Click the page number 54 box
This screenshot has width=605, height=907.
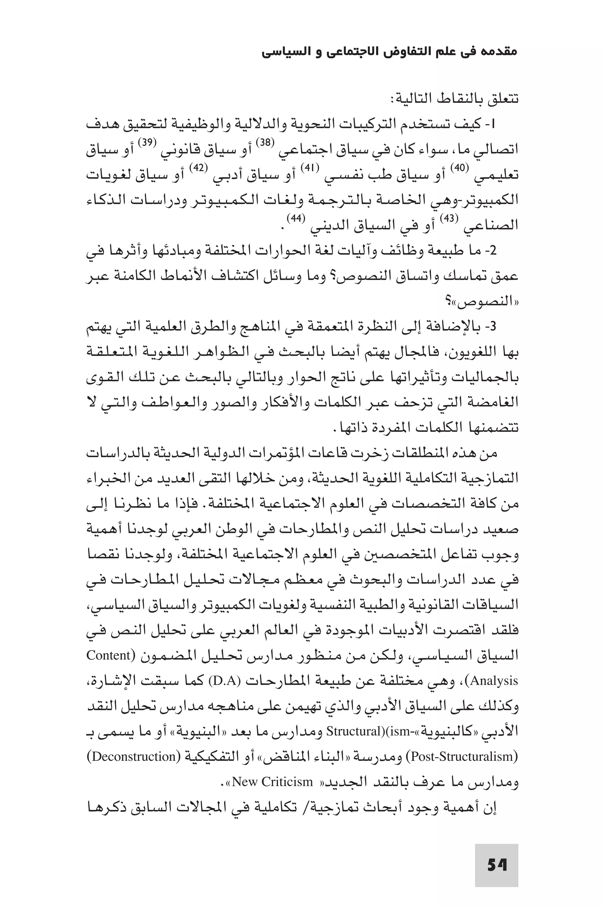496,865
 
